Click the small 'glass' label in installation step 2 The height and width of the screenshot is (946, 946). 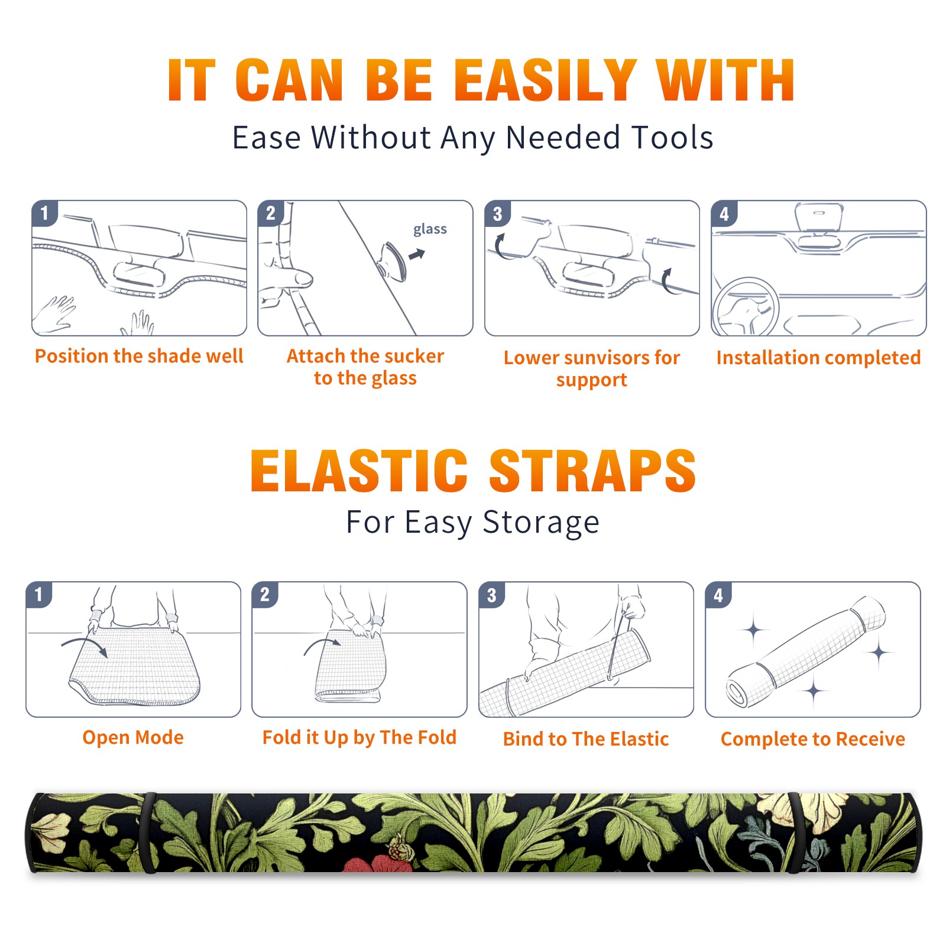[x=430, y=229]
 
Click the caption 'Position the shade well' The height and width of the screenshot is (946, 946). [x=139, y=356]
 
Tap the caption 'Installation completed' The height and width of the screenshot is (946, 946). [x=818, y=358]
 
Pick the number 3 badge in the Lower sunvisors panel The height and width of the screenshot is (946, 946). [x=497, y=213]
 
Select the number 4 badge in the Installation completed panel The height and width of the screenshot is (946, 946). [x=724, y=213]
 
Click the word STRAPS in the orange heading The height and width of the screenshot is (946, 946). [x=592, y=471]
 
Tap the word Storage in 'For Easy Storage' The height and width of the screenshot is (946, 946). [x=541, y=523]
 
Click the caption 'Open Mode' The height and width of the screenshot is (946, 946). [x=133, y=737]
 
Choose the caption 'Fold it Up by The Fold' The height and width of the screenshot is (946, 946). [x=359, y=737]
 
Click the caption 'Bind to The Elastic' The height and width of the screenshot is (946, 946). [x=586, y=739]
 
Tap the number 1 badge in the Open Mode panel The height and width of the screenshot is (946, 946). [x=39, y=594]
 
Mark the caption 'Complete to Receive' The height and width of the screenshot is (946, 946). [x=813, y=739]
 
